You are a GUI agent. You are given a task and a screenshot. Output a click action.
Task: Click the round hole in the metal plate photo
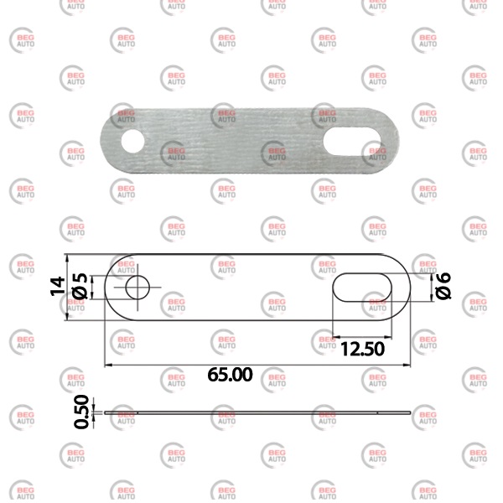(x=132, y=141)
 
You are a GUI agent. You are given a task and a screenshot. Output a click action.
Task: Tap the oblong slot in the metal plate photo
(x=352, y=142)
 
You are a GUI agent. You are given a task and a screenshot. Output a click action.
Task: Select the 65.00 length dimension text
(x=230, y=375)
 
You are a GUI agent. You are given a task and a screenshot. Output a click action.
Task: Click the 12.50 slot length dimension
(x=362, y=349)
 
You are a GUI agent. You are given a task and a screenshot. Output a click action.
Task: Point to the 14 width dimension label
(x=58, y=286)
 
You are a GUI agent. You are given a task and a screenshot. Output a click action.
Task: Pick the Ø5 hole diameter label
(x=80, y=286)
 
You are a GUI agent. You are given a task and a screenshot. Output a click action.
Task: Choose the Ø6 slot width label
(x=443, y=286)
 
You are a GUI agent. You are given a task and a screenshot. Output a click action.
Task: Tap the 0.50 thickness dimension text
(x=81, y=412)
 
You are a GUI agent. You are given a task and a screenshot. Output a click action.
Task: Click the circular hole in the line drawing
(x=137, y=288)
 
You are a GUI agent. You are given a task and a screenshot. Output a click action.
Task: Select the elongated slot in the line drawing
(x=362, y=288)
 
